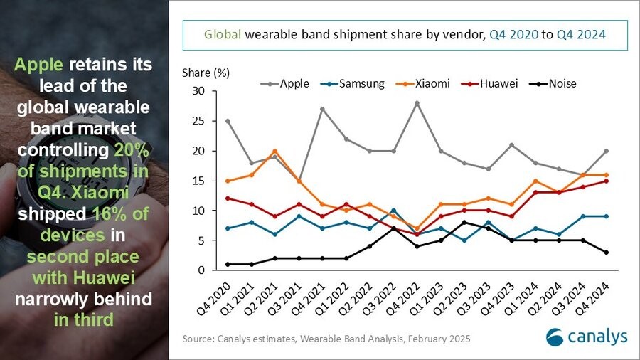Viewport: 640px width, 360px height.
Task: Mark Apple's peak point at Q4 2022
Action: click(x=417, y=103)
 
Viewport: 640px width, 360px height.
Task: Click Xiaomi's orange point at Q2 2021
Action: click(x=274, y=151)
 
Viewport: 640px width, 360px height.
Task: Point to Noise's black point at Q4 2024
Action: click(x=607, y=253)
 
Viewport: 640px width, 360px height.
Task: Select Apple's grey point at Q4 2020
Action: click(x=227, y=121)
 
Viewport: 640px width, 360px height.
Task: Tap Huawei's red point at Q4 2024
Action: click(x=607, y=181)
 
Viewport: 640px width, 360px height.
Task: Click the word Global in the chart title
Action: click(x=221, y=33)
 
